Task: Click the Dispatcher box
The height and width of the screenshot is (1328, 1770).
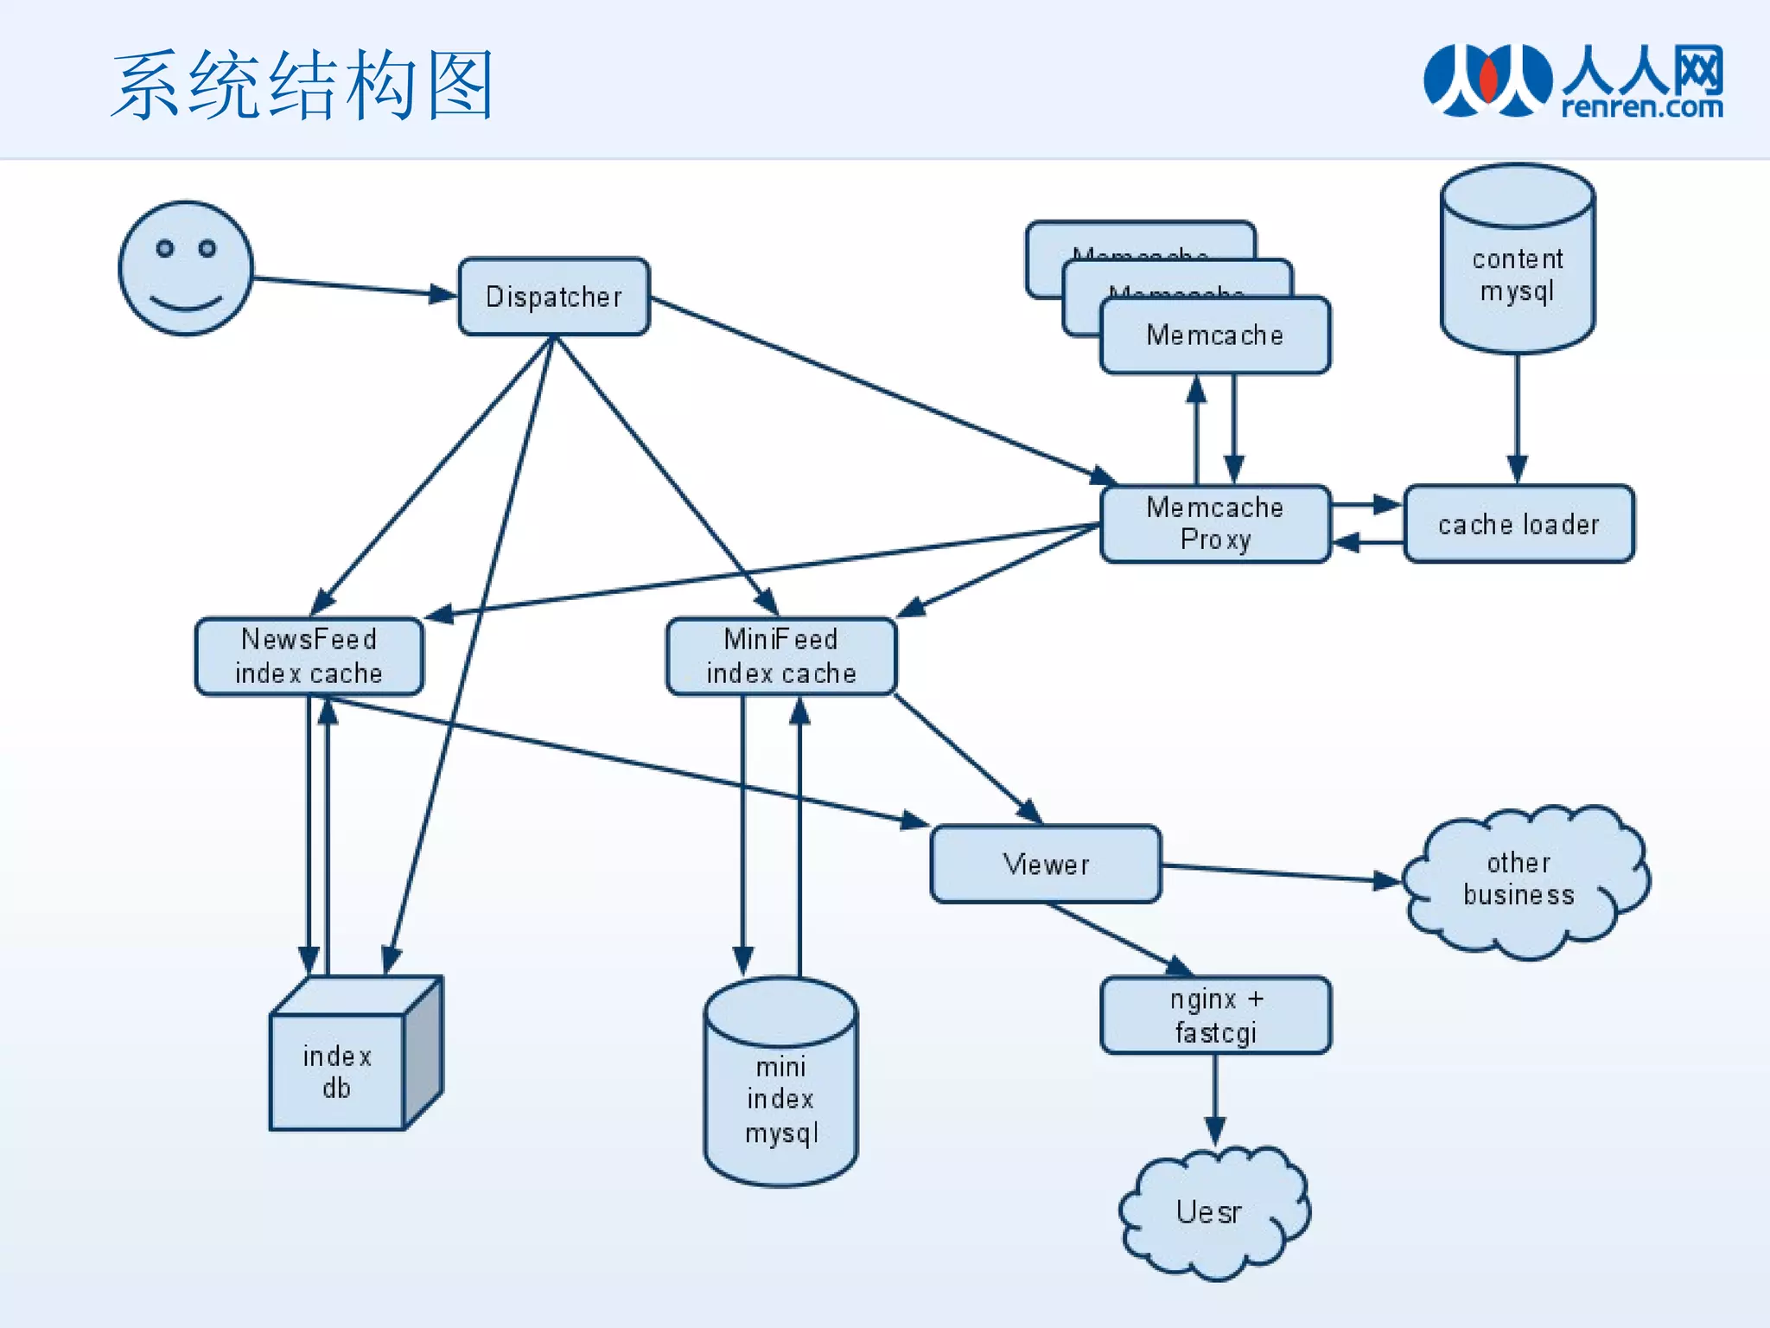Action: coord(553,297)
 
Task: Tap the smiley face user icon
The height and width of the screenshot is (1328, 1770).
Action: coord(186,269)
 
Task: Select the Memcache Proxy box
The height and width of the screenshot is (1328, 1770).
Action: coord(1214,524)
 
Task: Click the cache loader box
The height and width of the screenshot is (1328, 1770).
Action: coord(1519,524)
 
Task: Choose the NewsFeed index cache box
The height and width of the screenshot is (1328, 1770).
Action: coord(309,656)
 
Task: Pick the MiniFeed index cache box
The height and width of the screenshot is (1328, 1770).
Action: coord(780,656)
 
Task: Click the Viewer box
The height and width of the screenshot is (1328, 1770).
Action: coord(1046,864)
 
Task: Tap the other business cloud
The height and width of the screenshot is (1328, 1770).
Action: coord(1521,880)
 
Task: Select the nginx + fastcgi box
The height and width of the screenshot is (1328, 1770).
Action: coord(1215,1015)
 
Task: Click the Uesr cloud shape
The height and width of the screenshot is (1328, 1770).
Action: coord(1210,1212)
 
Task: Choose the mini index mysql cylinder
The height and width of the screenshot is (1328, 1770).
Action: coord(780,1089)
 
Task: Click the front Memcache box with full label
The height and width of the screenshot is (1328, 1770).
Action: coord(1214,335)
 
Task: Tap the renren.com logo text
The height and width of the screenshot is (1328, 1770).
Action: coord(1642,107)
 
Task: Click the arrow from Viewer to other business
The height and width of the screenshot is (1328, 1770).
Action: coord(1279,873)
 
